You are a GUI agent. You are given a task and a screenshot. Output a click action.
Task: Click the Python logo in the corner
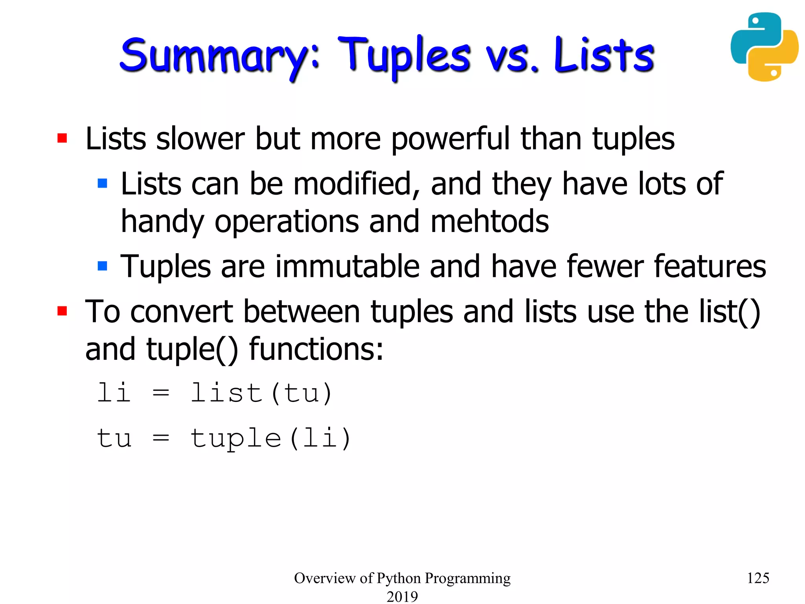764,47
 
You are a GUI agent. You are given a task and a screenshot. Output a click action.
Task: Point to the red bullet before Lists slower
62,138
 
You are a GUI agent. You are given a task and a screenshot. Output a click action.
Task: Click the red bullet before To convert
62,311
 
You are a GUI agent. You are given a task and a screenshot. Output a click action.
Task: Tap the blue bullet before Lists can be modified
102,183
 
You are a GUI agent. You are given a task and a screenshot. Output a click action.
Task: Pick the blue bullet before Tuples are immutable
102,266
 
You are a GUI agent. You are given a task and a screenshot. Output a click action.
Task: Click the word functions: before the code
316,349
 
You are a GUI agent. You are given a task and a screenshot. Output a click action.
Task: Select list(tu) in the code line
261,393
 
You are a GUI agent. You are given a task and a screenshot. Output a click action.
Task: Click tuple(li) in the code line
270,438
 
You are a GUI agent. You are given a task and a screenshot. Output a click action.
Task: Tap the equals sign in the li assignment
161,393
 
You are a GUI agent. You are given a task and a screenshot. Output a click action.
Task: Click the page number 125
757,578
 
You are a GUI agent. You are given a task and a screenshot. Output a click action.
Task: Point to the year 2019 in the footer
402,596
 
